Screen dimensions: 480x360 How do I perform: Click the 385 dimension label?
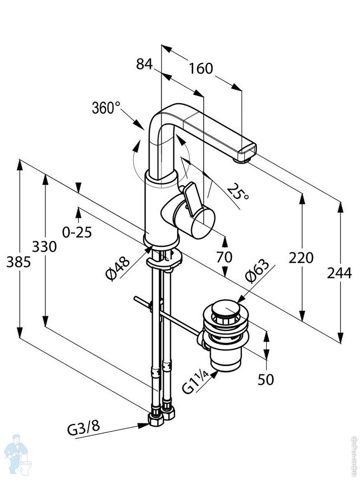[18, 262]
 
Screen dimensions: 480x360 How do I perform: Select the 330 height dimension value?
[44, 247]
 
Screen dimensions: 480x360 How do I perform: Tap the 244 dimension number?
[339, 273]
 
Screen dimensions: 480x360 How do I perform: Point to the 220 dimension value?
[301, 258]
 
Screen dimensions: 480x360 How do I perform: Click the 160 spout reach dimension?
[201, 68]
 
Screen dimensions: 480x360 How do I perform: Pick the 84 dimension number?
[144, 64]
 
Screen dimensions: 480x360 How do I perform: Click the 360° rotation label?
[106, 108]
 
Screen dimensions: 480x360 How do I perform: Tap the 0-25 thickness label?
[77, 232]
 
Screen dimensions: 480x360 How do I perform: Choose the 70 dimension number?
[224, 257]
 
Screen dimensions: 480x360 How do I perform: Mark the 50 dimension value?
[266, 379]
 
